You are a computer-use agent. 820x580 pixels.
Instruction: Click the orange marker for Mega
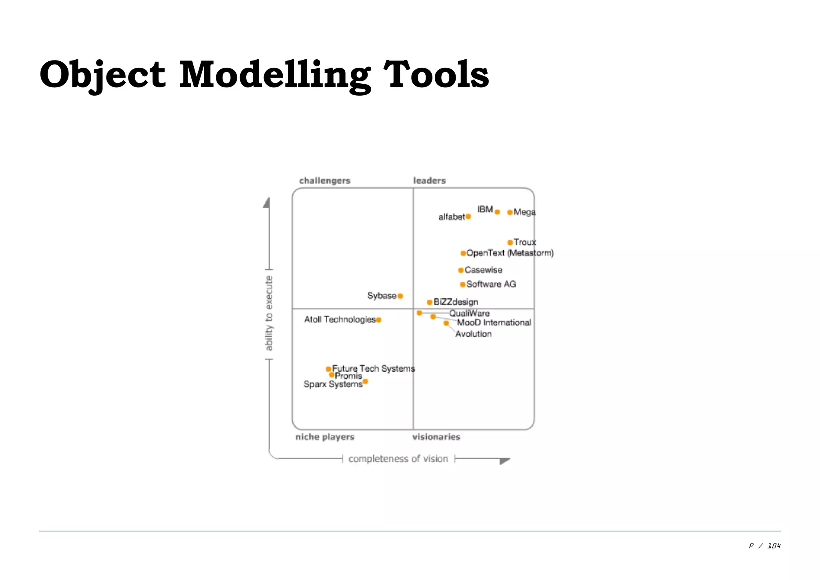click(510, 212)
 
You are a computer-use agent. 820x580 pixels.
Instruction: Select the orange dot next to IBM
click(497, 212)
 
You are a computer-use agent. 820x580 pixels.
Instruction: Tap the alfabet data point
click(468, 217)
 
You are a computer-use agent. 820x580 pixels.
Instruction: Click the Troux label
click(525, 242)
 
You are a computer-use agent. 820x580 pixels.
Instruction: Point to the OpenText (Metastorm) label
click(510, 253)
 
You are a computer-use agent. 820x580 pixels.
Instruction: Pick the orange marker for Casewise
click(461, 270)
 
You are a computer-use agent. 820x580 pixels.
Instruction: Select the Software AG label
click(491, 284)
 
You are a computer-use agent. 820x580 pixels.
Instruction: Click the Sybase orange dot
click(400, 296)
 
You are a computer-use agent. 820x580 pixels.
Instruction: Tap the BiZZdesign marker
click(429, 302)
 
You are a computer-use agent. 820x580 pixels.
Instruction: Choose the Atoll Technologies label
click(340, 319)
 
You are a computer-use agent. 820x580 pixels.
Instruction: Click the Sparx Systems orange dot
click(365, 381)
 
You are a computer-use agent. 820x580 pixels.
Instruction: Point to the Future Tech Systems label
click(373, 368)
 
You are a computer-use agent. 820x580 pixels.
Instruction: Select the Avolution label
click(473, 334)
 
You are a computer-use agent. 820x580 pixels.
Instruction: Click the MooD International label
click(494, 322)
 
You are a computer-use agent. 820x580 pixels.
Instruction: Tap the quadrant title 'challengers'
click(325, 181)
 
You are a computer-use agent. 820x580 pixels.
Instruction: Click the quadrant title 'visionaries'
click(436, 437)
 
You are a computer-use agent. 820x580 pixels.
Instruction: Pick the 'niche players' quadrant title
click(325, 437)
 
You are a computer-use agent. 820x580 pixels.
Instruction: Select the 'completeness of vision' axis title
click(398, 459)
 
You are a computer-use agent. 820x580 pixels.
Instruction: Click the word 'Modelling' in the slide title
click(275, 75)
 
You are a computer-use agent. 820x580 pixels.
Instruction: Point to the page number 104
click(774, 546)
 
